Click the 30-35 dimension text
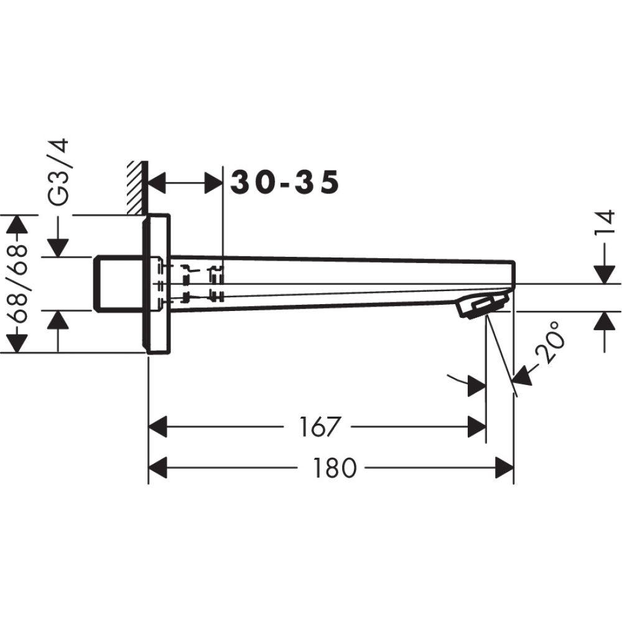pyautogui.click(x=285, y=183)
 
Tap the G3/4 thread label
pyautogui.click(x=60, y=172)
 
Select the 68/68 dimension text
pyautogui.click(x=19, y=283)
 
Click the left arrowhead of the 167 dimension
pyautogui.click(x=158, y=427)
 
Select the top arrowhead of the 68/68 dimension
pyautogui.click(x=17, y=224)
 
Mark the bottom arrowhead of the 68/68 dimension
pyautogui.click(x=17, y=343)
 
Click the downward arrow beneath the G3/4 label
pyautogui.click(x=58, y=246)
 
